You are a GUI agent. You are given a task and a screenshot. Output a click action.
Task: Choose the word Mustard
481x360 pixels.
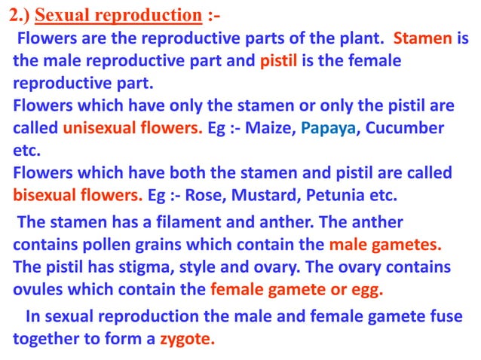pos(283,196)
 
